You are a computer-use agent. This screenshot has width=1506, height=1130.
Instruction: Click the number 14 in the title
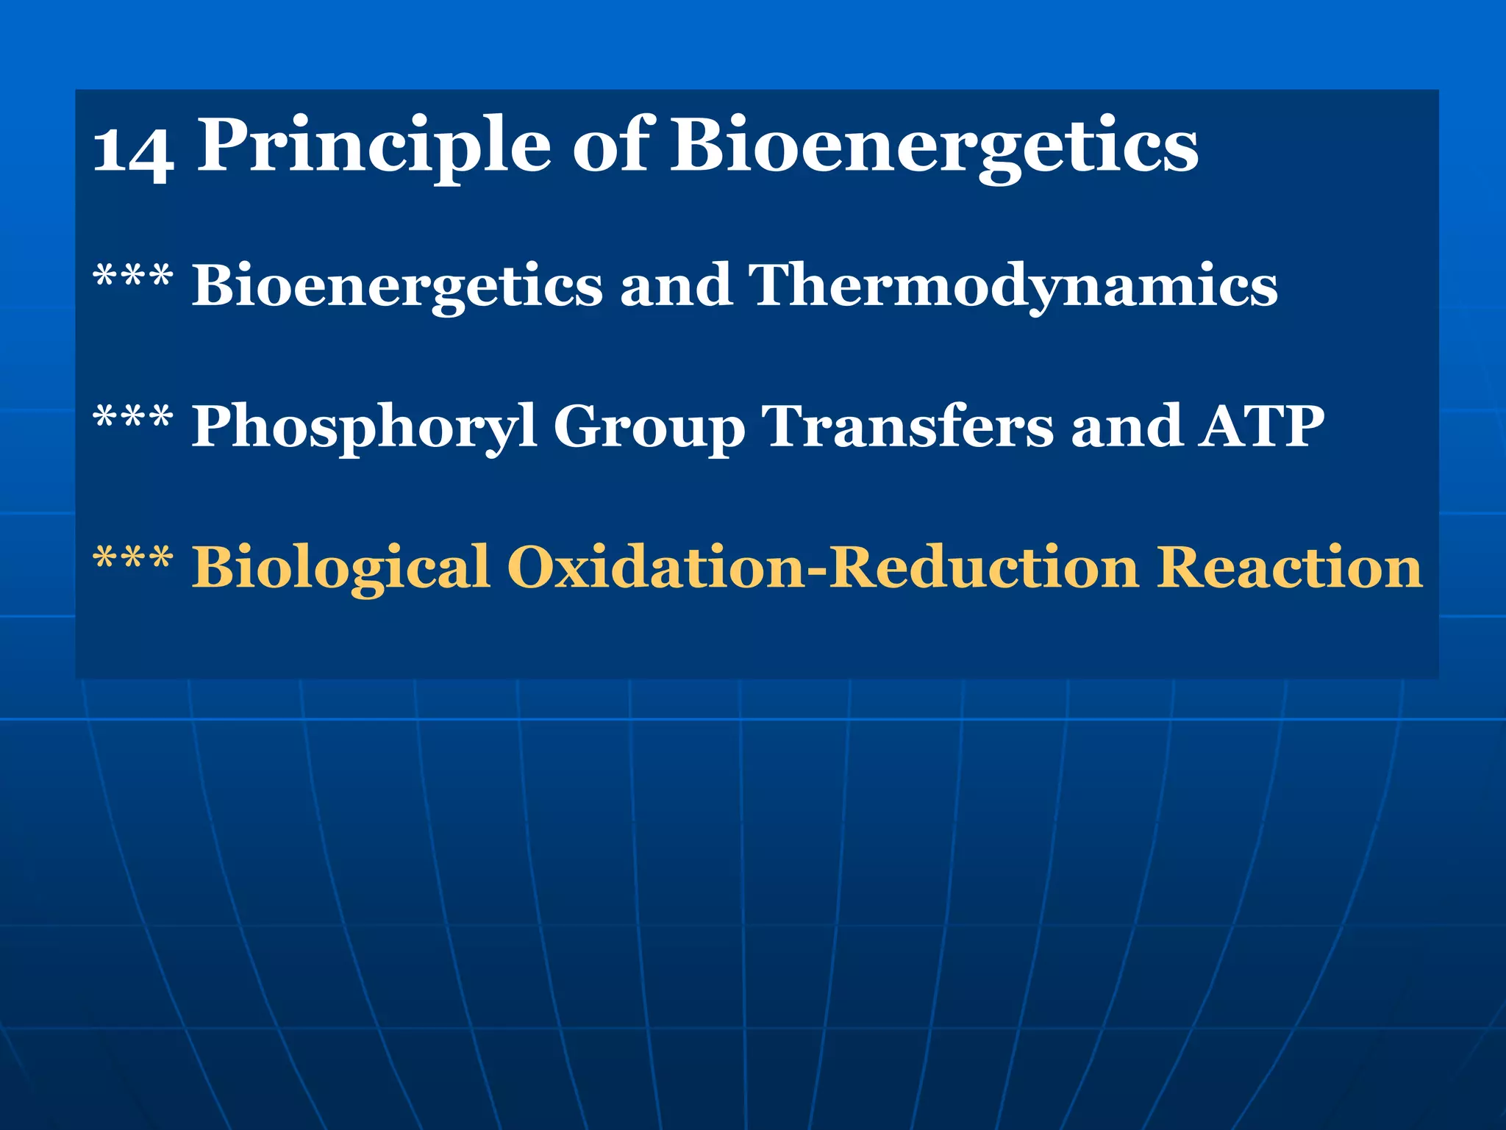pyautogui.click(x=134, y=151)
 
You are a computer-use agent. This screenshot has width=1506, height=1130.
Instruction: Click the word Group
pyautogui.click(x=649, y=428)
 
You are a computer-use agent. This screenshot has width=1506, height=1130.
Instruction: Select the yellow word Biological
pyautogui.click(x=340, y=568)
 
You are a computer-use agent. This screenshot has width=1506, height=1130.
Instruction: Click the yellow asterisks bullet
pyautogui.click(x=133, y=559)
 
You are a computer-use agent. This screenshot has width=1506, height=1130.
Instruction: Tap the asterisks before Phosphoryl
pyautogui.click(x=133, y=418)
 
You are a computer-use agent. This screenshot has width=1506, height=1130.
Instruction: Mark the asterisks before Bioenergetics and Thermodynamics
pyautogui.click(x=133, y=276)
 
